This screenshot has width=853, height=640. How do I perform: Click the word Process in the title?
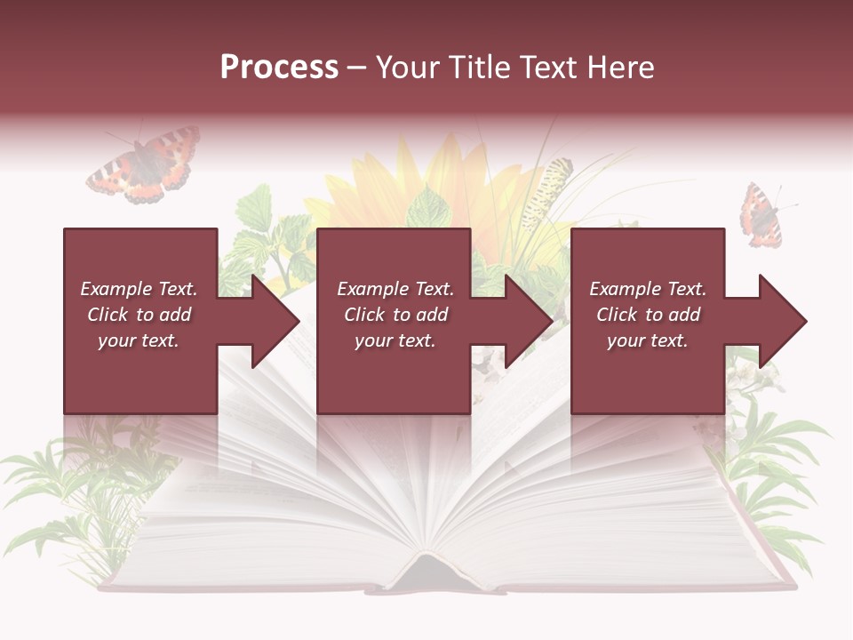tap(279, 68)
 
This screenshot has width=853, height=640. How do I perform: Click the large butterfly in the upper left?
tap(145, 164)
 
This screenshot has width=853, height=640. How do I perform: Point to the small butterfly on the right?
tap(761, 216)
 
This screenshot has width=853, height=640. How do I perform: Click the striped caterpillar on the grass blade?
tap(546, 191)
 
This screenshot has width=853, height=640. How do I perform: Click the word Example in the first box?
tap(116, 289)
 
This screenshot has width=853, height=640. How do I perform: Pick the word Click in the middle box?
tap(365, 315)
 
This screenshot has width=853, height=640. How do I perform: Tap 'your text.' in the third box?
tap(647, 340)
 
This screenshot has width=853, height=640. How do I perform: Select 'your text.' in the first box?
tap(138, 340)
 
